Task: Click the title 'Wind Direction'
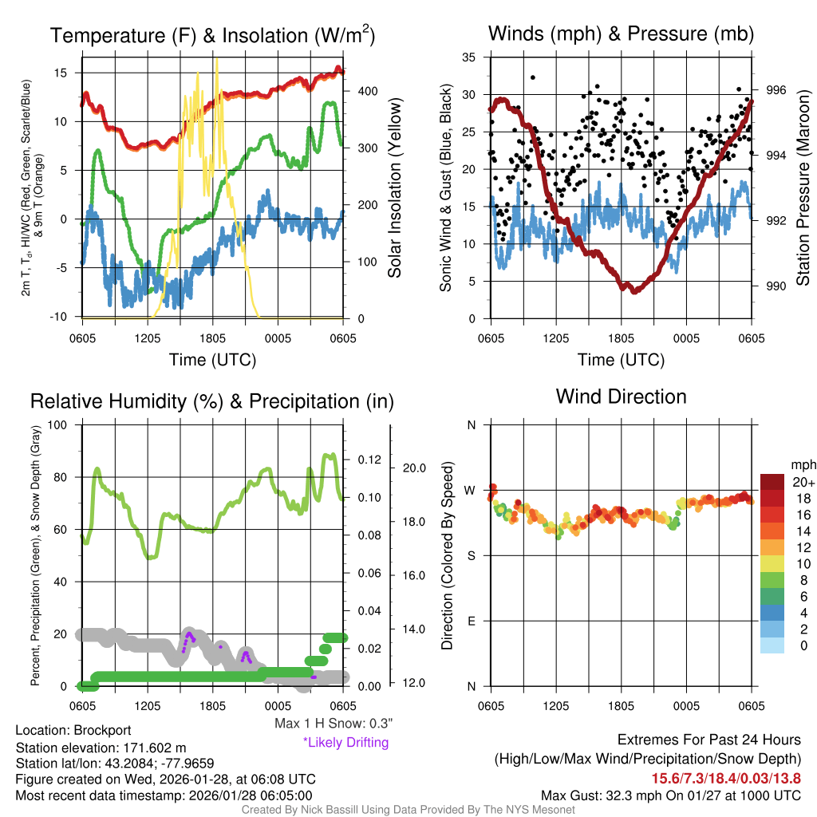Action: tap(621, 397)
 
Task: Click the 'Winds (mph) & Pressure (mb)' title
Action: tap(621, 34)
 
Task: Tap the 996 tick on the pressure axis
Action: tap(776, 90)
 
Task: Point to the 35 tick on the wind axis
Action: tap(470, 57)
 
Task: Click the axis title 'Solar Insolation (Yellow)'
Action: tap(395, 187)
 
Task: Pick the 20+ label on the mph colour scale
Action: tap(798, 482)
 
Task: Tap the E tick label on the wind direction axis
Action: tap(471, 621)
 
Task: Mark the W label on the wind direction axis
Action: tap(471, 490)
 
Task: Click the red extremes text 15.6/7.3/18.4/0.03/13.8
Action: tap(727, 779)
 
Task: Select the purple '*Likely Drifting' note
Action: tap(345, 742)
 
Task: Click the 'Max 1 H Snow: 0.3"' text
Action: tap(334, 724)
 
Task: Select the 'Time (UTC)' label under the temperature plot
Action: tap(212, 360)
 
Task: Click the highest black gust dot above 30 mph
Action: tap(533, 77)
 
